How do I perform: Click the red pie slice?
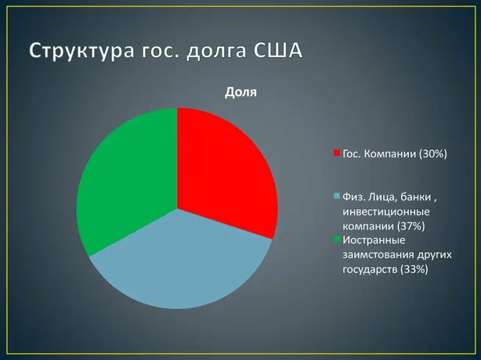click(x=221, y=171)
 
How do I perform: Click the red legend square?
click(x=337, y=153)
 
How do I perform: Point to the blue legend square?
click(x=337, y=196)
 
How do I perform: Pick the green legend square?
click(x=337, y=239)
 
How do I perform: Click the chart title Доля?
click(x=240, y=92)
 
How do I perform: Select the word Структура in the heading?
click(x=82, y=51)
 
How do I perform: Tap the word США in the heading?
click(x=278, y=50)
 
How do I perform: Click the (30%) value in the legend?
click(x=433, y=153)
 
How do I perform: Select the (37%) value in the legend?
click(x=411, y=226)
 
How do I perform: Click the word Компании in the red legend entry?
click(x=390, y=153)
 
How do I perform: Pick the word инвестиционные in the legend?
click(x=386, y=212)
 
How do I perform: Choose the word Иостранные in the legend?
click(x=374, y=240)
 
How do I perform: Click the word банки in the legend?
click(x=416, y=197)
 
